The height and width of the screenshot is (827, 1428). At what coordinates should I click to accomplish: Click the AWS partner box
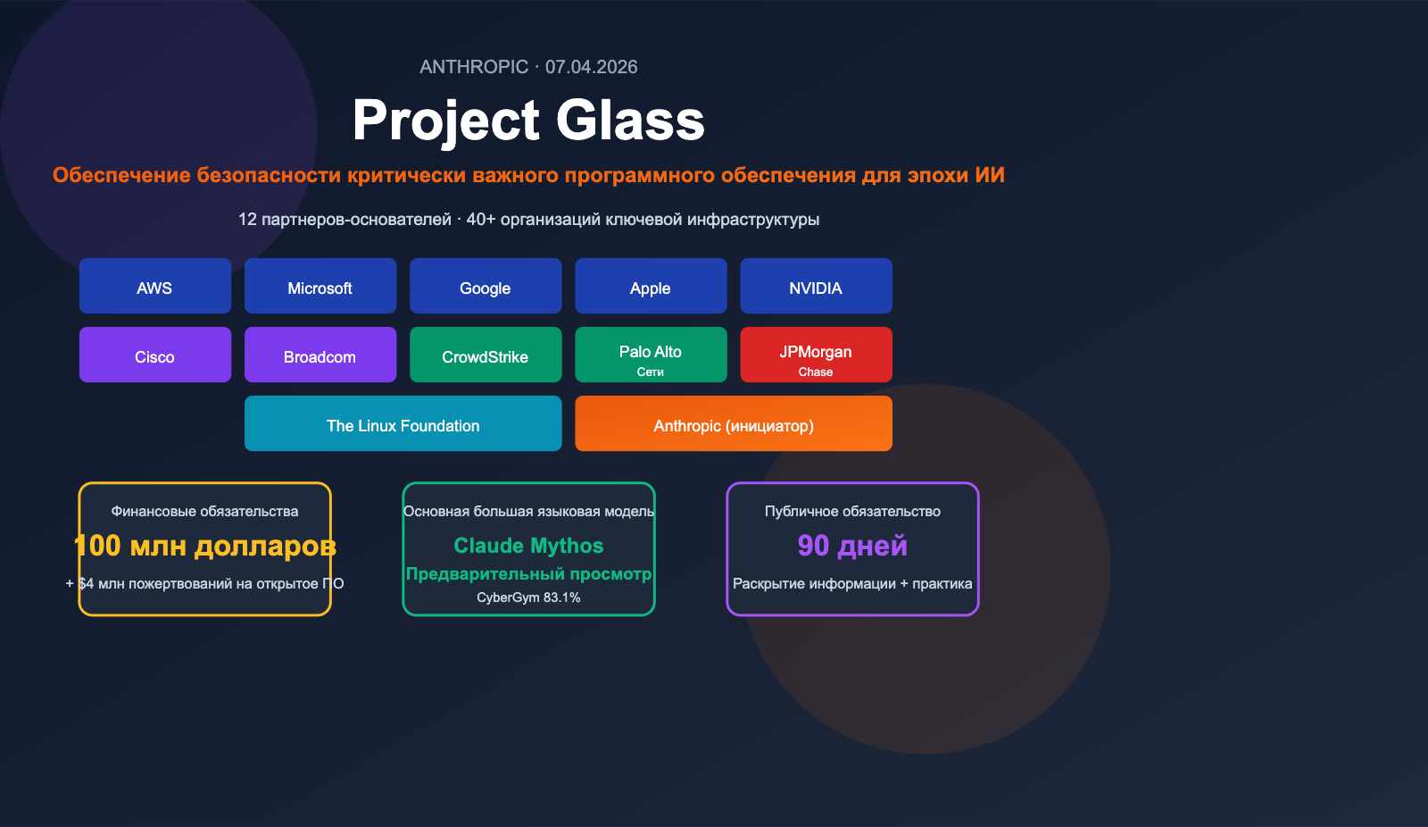tap(154, 286)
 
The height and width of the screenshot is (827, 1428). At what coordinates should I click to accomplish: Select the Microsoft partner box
tap(320, 286)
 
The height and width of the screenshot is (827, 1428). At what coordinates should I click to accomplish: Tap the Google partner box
tap(486, 286)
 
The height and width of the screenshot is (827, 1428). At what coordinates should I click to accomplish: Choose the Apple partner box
tap(651, 286)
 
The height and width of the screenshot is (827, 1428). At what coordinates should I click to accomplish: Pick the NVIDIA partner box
tap(816, 286)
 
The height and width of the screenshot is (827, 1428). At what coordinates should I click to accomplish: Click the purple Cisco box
tap(154, 355)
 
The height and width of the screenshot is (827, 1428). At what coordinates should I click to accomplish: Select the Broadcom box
tap(320, 355)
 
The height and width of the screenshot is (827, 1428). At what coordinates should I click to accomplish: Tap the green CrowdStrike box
tap(486, 355)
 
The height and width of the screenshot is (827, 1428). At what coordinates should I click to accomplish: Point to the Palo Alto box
tap(651, 355)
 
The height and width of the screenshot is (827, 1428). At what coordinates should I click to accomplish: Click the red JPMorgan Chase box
tap(816, 355)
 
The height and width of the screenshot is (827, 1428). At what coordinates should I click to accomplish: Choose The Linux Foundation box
tap(403, 423)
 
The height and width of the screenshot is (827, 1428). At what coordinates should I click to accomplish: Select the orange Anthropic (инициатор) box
tap(733, 423)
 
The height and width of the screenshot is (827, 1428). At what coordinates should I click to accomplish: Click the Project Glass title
tap(528, 121)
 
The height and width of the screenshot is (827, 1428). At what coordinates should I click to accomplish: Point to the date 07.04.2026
tap(592, 67)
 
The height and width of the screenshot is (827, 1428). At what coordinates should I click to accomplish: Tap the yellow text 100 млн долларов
tap(204, 546)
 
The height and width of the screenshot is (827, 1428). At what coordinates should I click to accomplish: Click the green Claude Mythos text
tap(528, 546)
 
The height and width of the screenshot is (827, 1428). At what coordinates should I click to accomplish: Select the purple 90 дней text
tap(852, 546)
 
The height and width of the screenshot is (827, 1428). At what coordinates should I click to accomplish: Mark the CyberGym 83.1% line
tap(528, 597)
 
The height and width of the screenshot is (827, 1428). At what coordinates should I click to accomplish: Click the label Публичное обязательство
tap(852, 512)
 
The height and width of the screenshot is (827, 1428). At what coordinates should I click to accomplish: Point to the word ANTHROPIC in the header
tap(474, 67)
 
